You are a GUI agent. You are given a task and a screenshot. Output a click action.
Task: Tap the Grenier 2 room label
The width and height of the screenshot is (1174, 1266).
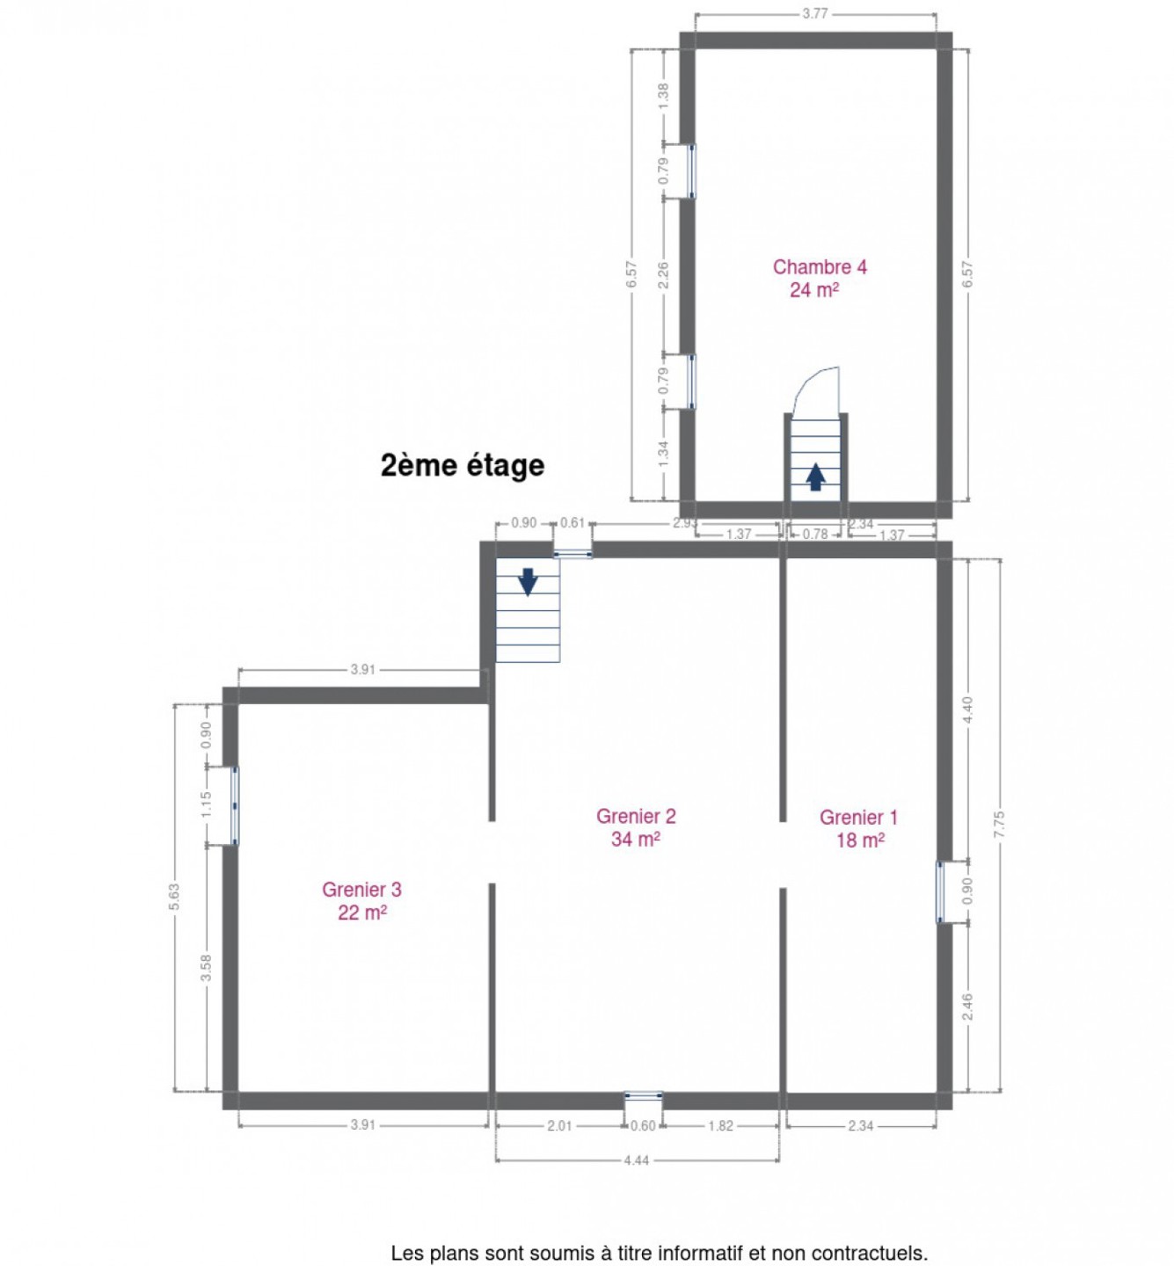pyautogui.click(x=635, y=827)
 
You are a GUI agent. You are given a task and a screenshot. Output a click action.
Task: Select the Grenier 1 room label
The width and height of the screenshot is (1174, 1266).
pyautogui.click(x=858, y=829)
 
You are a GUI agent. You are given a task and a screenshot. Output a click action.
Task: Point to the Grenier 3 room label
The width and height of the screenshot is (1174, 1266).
pyautogui.click(x=361, y=901)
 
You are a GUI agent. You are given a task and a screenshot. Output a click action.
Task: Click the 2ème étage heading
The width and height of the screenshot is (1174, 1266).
pyautogui.click(x=462, y=465)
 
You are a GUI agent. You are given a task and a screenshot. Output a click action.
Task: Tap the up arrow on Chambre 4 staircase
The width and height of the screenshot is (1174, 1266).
pyautogui.click(x=815, y=477)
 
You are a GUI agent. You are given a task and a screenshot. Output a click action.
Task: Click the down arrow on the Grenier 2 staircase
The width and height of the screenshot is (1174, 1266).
pyautogui.click(x=528, y=582)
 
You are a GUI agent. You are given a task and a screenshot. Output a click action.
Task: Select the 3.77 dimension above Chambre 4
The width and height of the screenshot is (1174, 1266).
pyautogui.click(x=814, y=14)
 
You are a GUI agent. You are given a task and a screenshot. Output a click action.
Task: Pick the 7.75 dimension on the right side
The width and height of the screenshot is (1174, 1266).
pyautogui.click(x=998, y=825)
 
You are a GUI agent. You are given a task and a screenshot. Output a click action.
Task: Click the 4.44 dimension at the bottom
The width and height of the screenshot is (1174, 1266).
pyautogui.click(x=636, y=1160)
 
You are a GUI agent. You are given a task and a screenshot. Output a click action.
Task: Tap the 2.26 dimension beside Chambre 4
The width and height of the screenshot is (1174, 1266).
pyautogui.click(x=662, y=275)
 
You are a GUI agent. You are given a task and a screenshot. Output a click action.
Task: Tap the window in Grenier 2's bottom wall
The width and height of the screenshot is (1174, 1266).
pyautogui.click(x=642, y=1095)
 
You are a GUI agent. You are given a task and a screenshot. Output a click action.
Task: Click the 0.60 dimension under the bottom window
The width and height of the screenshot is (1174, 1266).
pyautogui.click(x=642, y=1125)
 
